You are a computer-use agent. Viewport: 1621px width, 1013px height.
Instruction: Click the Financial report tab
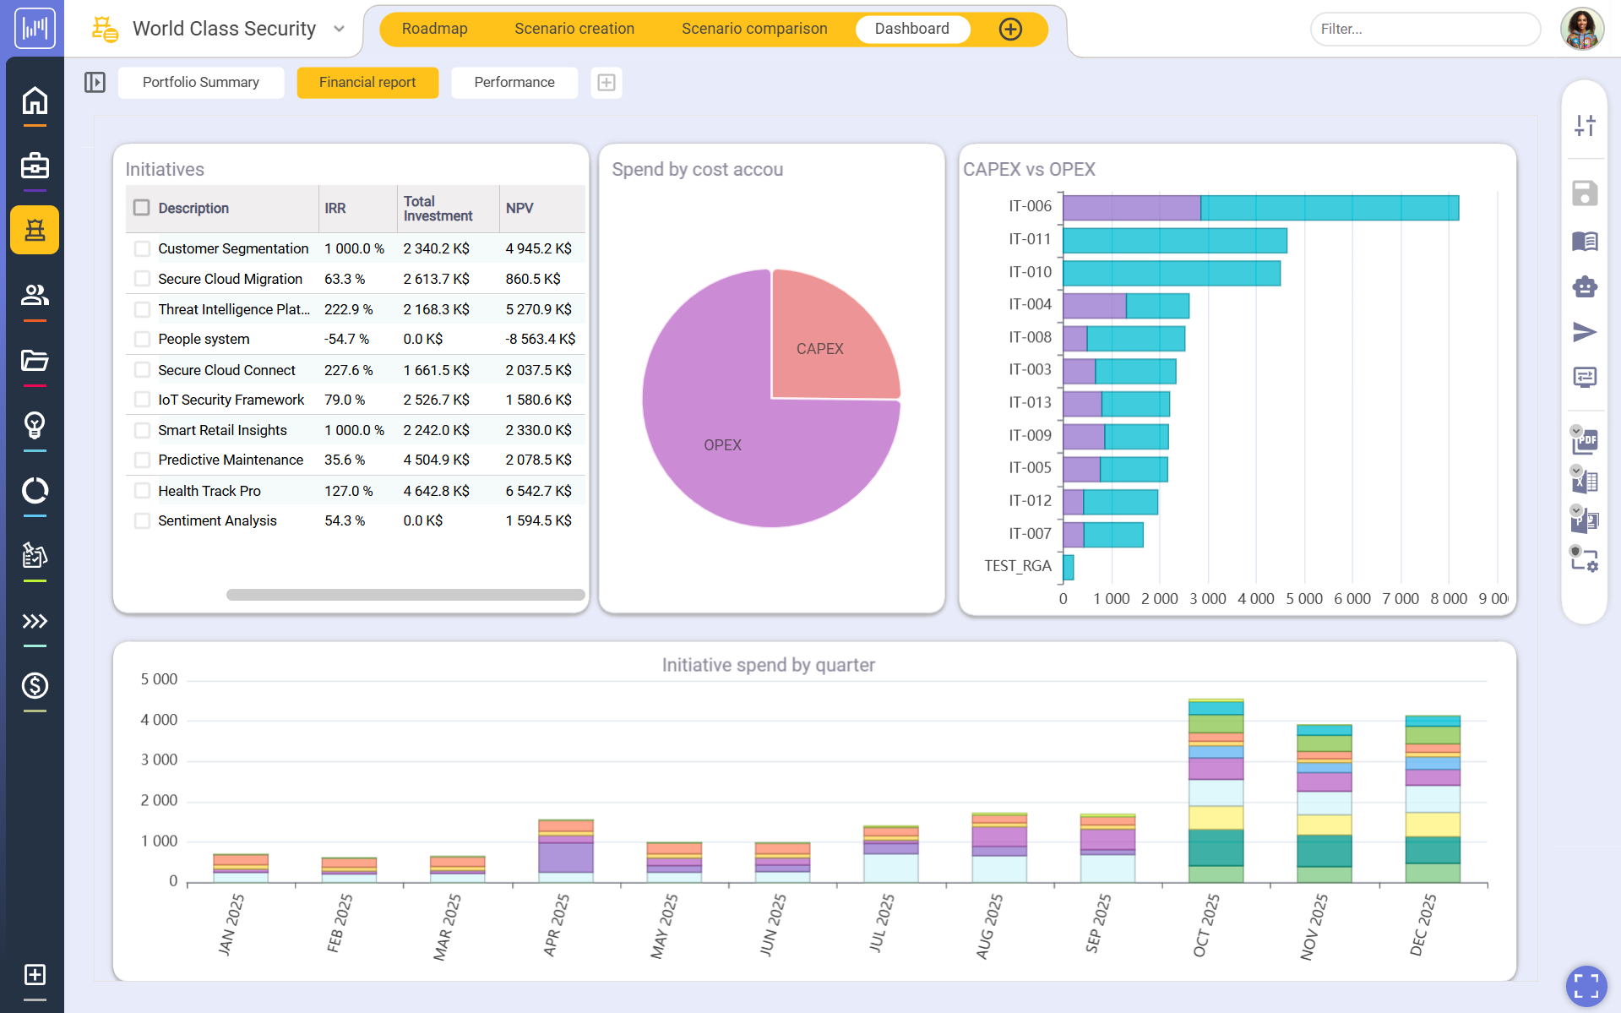pyautogui.click(x=367, y=82)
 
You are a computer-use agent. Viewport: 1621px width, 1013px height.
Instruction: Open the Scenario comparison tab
pyautogui.click(x=753, y=29)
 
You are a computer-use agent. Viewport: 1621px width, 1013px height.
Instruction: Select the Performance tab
pyautogui.click(x=514, y=82)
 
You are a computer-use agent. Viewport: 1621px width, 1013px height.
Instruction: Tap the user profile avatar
pyautogui.click(x=1581, y=29)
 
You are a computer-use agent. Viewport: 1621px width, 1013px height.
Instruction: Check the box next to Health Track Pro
pyautogui.click(x=142, y=491)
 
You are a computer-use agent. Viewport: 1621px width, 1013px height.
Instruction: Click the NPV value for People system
pyautogui.click(x=540, y=339)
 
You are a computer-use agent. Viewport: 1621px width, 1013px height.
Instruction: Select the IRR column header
pyautogui.click(x=335, y=208)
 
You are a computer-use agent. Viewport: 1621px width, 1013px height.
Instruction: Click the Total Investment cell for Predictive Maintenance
pyautogui.click(x=436, y=460)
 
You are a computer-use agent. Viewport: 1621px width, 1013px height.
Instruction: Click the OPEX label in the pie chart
pyautogui.click(x=722, y=445)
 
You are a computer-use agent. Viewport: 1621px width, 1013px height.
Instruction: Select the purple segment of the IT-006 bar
pyautogui.click(x=1131, y=208)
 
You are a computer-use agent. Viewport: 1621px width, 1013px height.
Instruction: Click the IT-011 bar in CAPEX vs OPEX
pyautogui.click(x=1174, y=240)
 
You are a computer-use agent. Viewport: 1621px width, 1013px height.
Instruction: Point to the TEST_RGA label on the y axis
pyautogui.click(x=1017, y=566)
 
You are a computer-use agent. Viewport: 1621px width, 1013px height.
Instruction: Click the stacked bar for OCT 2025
pyautogui.click(x=1216, y=790)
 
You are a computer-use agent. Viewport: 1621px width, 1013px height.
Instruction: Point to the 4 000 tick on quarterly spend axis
pyautogui.click(x=159, y=720)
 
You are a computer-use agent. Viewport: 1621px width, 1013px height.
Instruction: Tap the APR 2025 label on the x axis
pyautogui.click(x=556, y=925)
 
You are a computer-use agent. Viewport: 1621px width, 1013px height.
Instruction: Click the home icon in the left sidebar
pyautogui.click(x=35, y=101)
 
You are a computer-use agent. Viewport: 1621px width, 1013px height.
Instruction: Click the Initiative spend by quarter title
pyautogui.click(x=768, y=665)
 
